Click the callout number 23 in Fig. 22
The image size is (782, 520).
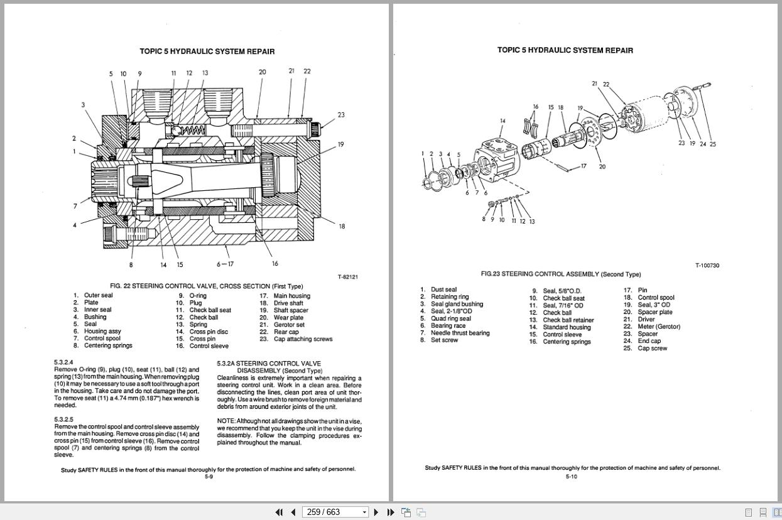coord(341,115)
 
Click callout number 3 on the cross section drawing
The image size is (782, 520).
coord(83,105)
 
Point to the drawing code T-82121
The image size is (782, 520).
coord(347,277)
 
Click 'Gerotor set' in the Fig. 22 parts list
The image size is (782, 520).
coord(289,325)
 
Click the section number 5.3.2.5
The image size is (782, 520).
coord(63,420)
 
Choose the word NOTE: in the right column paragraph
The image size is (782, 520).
coord(226,421)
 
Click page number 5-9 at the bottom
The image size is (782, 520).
coord(209,477)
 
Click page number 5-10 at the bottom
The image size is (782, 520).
coord(571,477)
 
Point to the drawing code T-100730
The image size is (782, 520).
coord(707,266)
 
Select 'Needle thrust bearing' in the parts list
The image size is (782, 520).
coord(460,333)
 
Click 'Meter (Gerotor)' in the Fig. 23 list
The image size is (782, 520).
coord(659,327)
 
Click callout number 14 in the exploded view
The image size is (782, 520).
coord(502,121)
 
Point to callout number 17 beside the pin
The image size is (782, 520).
coord(583,166)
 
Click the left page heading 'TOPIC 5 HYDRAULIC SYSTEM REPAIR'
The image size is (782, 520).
coord(207,51)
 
